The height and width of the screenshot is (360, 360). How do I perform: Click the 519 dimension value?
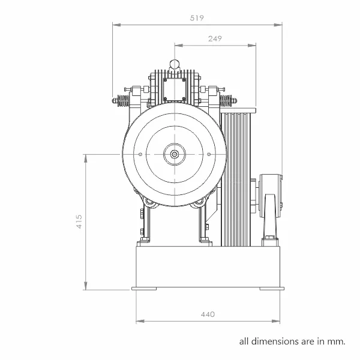[197, 18]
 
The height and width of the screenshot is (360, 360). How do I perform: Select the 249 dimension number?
[215, 38]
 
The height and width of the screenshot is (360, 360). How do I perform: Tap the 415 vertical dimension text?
[79, 221]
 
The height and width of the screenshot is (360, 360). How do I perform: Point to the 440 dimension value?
[208, 314]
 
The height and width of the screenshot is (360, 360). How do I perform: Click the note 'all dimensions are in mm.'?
[292, 341]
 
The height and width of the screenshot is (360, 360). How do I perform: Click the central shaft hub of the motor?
[175, 154]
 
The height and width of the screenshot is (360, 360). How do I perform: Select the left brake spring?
[123, 101]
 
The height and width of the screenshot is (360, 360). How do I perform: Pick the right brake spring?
[226, 101]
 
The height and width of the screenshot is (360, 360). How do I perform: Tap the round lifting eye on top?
[175, 64]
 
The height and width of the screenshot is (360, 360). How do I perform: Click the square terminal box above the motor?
[175, 90]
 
